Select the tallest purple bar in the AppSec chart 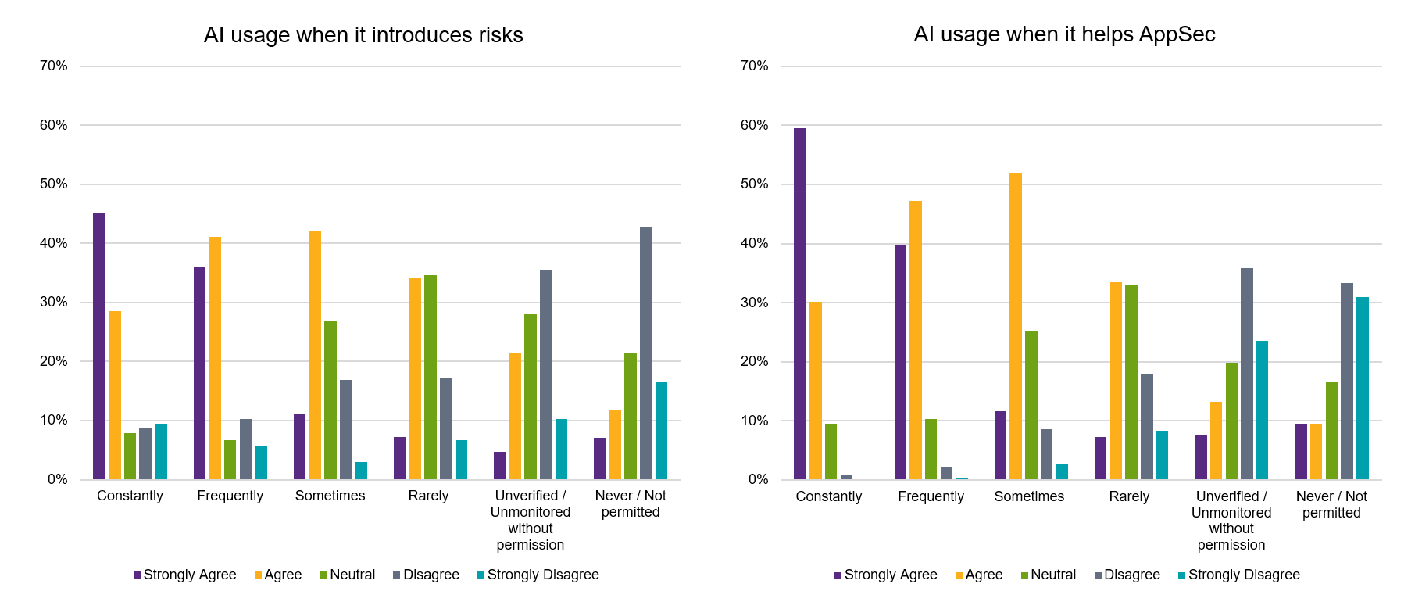tap(800, 304)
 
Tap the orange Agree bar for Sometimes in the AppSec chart tap(1016, 326)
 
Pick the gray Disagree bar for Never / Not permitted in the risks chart tap(646, 353)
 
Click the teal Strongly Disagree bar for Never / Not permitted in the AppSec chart tap(1363, 389)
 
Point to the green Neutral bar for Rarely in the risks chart tap(431, 378)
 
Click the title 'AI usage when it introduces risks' tap(363, 35)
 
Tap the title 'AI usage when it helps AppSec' tap(1064, 34)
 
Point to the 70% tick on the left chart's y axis tap(54, 66)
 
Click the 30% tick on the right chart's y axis tap(755, 303)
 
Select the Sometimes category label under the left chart tap(330, 496)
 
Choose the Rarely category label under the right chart tap(1129, 496)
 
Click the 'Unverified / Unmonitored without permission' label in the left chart tap(531, 520)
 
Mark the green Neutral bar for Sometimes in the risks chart tap(330, 400)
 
